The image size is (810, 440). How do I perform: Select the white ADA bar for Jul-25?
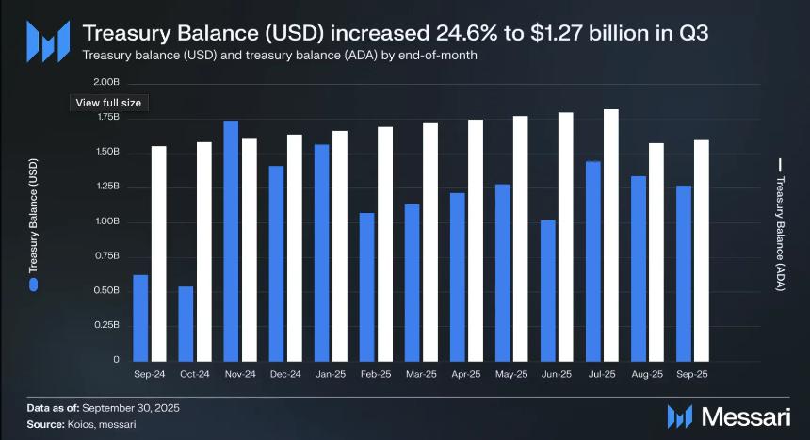pos(611,235)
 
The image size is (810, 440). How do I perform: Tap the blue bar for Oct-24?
pos(186,323)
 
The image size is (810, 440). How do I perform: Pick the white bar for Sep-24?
pos(159,253)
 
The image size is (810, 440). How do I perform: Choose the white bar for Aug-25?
pos(656,252)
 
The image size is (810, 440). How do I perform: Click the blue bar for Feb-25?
pos(366,286)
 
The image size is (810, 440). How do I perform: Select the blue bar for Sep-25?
pos(684,272)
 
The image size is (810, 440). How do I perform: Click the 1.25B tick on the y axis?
pos(107,187)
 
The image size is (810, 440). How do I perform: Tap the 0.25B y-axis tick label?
pos(107,325)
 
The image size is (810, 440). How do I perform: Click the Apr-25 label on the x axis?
pos(466,374)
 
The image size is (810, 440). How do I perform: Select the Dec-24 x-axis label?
pos(285,374)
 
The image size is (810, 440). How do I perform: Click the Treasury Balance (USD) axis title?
pos(34,219)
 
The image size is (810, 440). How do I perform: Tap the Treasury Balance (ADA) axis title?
pos(780,226)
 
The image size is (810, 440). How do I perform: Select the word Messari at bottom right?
pos(744,416)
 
